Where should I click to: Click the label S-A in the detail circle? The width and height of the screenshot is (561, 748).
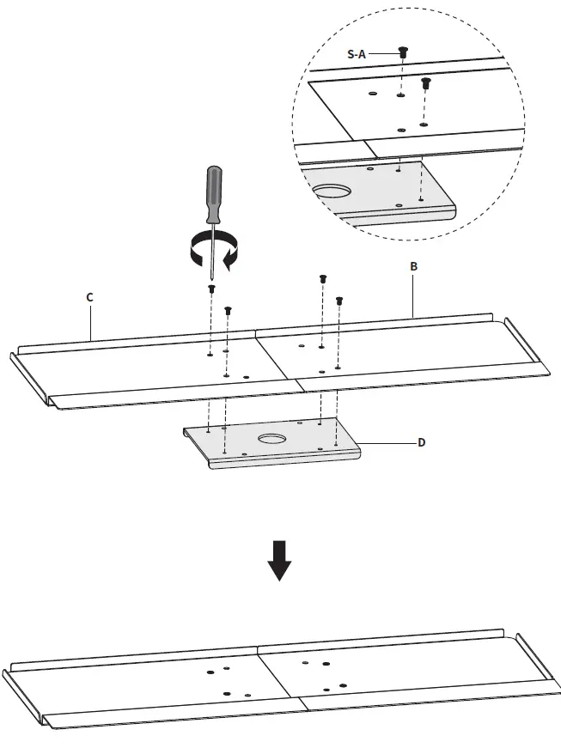point(357,53)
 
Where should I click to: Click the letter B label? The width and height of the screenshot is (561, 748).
point(413,267)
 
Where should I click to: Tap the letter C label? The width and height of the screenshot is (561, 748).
point(89,296)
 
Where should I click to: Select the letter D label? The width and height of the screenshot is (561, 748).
point(421,442)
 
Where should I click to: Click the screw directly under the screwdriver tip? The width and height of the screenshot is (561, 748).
point(211,289)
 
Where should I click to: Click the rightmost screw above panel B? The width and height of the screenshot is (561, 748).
point(338,301)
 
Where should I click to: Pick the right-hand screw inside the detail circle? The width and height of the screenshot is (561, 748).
point(425,83)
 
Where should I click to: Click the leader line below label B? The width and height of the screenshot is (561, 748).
point(414,296)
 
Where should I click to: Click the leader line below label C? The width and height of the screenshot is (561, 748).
point(90,322)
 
